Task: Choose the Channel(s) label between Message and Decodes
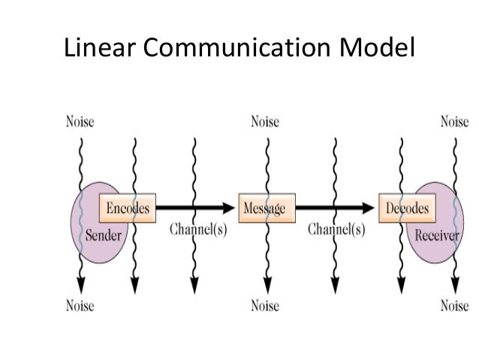click(x=336, y=230)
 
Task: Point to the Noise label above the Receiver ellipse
click(x=454, y=122)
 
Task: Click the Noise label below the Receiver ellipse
click(x=454, y=306)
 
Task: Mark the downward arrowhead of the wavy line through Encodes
click(x=134, y=286)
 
